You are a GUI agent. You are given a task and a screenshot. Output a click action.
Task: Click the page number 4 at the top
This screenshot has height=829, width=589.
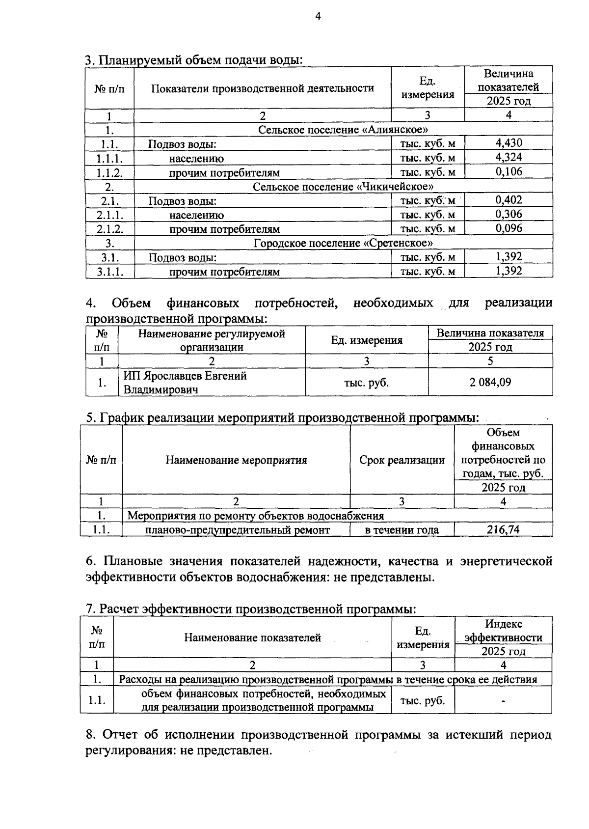[x=318, y=17]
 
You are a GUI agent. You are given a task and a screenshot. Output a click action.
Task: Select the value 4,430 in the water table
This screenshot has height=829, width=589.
[x=509, y=143]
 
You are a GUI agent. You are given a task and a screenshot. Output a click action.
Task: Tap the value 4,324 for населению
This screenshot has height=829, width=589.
[x=509, y=157]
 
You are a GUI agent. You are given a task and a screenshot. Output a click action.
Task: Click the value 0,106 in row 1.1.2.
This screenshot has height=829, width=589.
[x=509, y=171]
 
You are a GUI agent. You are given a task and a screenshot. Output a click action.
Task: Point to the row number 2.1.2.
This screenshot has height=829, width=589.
[x=109, y=229]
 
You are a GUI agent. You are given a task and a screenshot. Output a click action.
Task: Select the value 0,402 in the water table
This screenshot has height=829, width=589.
[x=509, y=200]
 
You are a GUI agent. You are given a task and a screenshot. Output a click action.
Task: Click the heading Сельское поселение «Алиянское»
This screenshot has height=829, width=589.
[x=343, y=130]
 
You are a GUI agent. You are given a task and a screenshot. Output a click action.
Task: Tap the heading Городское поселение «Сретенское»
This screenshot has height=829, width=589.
[x=343, y=243]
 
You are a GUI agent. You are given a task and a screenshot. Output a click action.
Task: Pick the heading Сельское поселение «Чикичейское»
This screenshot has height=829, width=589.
[x=343, y=187]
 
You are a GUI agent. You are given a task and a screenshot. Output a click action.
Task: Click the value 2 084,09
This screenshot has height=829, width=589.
[x=490, y=382]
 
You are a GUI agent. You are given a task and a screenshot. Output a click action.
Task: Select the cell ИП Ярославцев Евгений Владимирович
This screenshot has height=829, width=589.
[x=185, y=383]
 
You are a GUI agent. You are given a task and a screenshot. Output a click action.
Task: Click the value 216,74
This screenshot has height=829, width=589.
[x=503, y=529]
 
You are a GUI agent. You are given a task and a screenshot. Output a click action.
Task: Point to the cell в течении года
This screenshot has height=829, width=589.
[x=402, y=530]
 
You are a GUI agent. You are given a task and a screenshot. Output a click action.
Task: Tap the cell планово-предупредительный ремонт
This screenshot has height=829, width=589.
[x=238, y=530]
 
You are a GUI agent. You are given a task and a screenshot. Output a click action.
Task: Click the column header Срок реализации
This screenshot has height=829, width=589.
[x=402, y=460]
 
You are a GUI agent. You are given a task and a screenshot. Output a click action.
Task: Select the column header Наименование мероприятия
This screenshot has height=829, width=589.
[x=236, y=460]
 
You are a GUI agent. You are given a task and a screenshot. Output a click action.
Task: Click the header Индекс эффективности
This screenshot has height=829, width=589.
[x=503, y=631]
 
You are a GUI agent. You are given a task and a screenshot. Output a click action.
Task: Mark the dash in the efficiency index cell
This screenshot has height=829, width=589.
[x=503, y=701]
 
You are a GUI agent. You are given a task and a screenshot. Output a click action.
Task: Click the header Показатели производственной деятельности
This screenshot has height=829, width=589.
[x=262, y=88]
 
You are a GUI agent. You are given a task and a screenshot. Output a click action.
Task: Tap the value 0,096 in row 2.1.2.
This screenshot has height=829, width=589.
[x=509, y=228]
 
